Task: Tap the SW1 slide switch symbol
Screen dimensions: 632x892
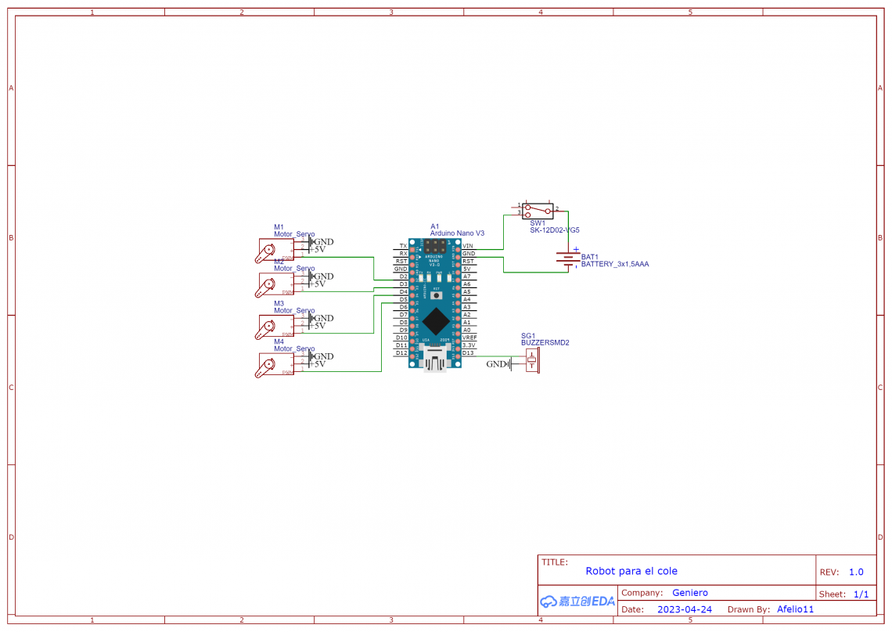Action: point(538,211)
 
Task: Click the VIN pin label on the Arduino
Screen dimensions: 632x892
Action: point(468,246)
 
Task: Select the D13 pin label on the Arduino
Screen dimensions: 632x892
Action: point(468,352)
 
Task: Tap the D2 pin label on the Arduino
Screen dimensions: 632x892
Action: point(403,276)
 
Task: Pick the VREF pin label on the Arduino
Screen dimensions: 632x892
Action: point(469,338)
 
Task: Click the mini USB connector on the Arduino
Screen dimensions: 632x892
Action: point(436,362)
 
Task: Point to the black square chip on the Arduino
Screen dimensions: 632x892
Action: point(436,321)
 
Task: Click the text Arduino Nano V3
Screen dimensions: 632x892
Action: point(457,233)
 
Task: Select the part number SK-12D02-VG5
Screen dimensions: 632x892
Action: point(554,230)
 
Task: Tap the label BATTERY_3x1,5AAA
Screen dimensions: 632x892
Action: point(614,265)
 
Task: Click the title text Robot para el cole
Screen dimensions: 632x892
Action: point(631,571)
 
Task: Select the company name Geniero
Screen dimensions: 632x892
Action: point(689,593)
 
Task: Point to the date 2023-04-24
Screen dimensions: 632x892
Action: point(684,609)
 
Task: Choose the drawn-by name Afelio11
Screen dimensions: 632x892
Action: point(795,609)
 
